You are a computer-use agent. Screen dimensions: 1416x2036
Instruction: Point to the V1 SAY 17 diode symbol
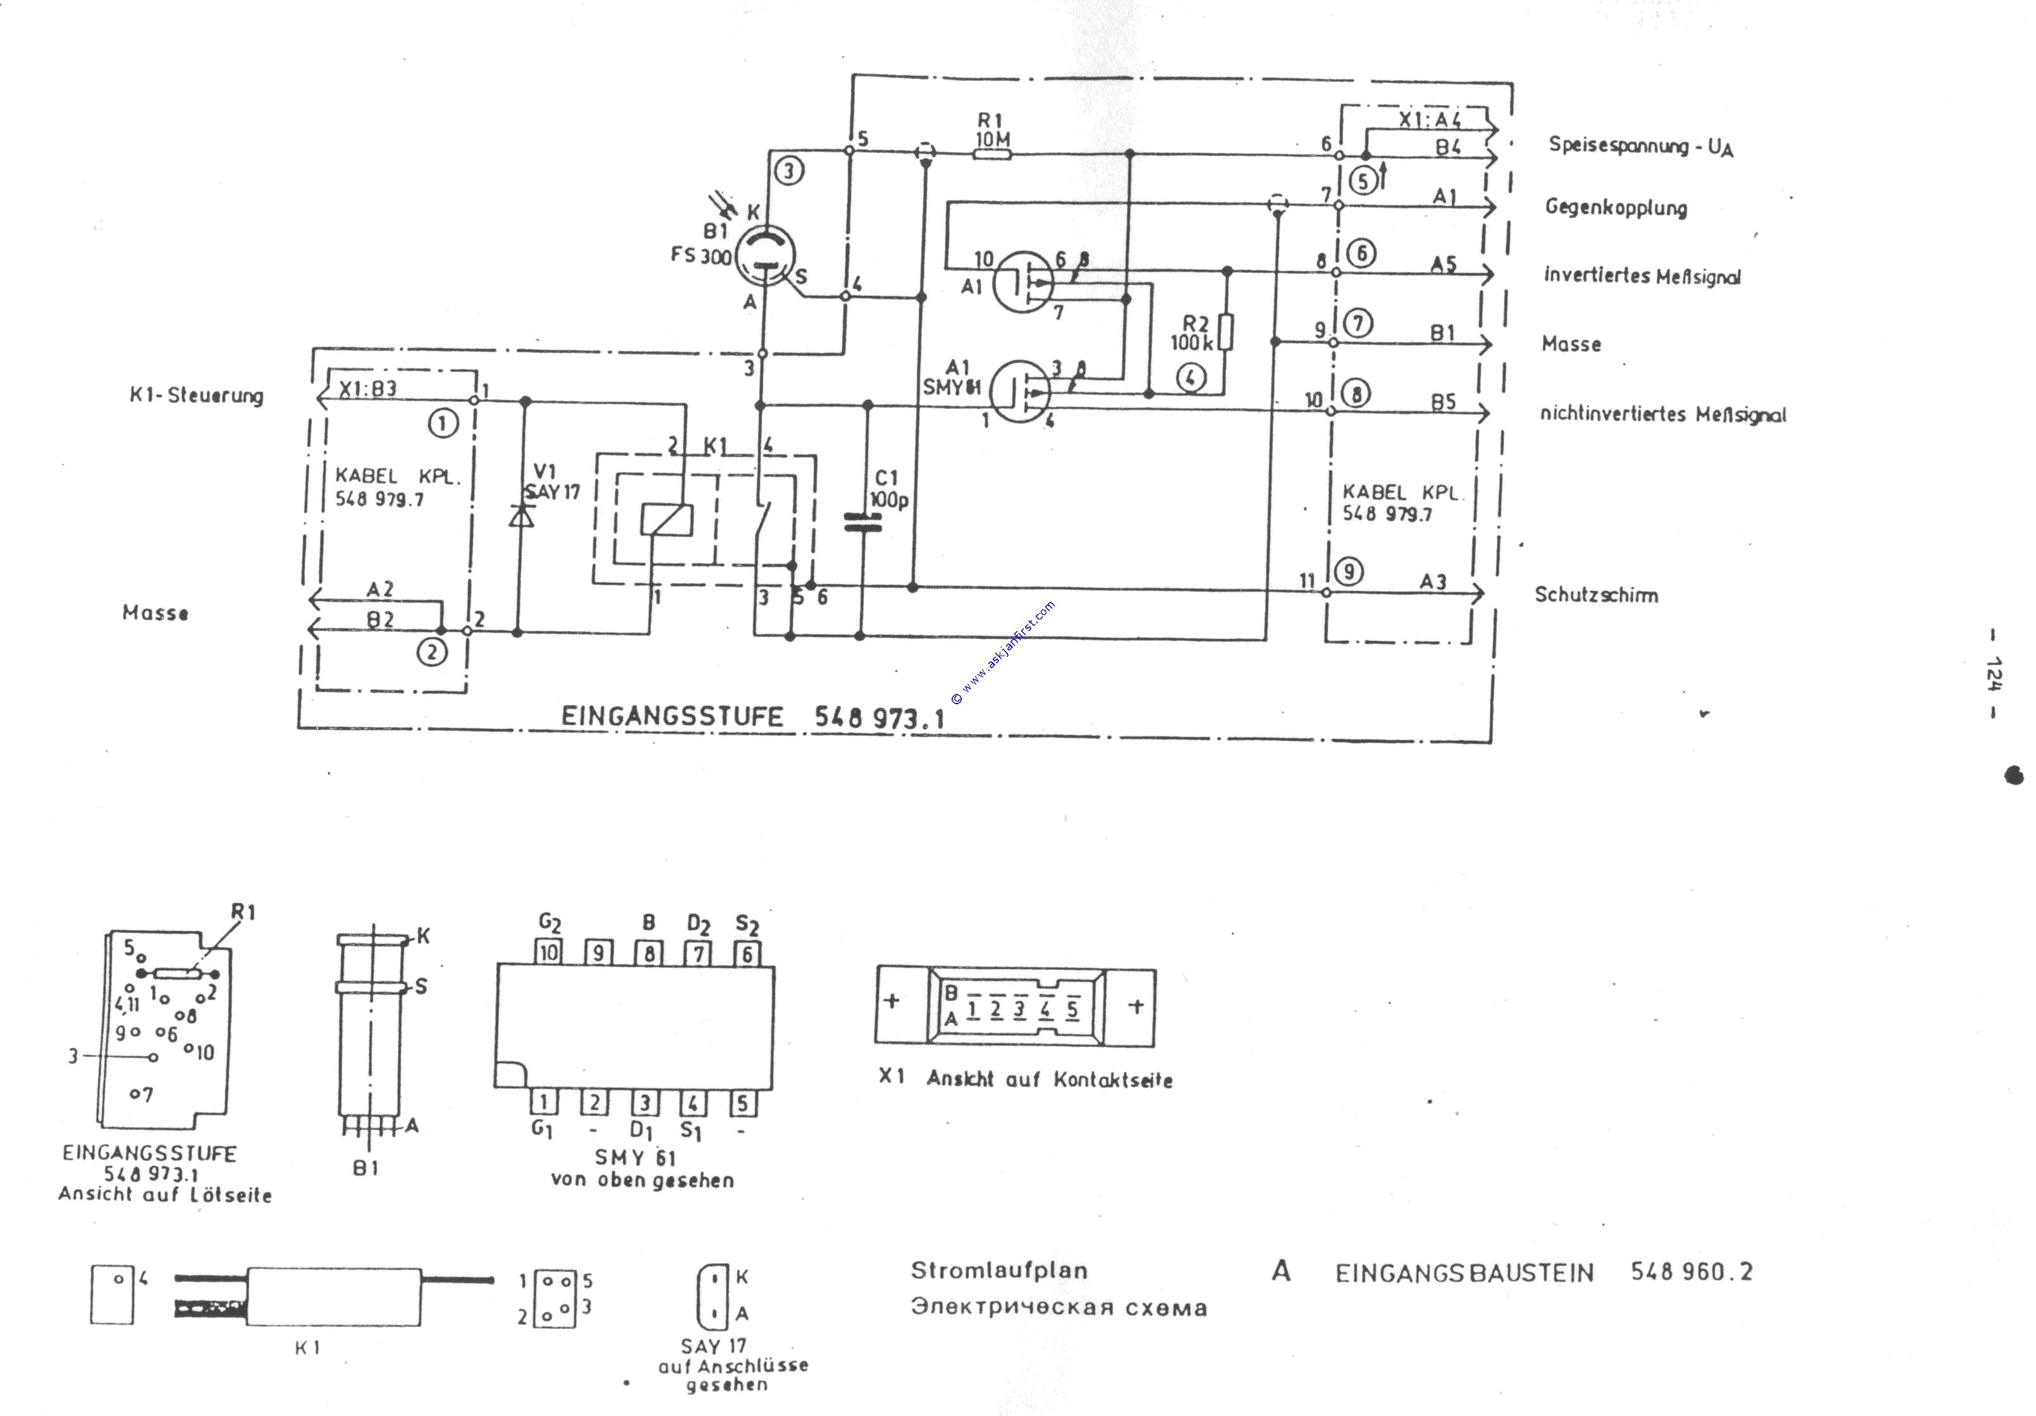coord(522,515)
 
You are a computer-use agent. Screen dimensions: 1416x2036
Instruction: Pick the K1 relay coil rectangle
coord(666,520)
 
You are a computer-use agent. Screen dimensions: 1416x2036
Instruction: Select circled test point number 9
coord(1349,571)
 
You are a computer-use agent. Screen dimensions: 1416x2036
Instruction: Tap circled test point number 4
coord(1190,378)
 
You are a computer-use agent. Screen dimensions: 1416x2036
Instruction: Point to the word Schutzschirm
coord(1596,595)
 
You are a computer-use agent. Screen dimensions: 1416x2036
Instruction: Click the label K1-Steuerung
coord(196,396)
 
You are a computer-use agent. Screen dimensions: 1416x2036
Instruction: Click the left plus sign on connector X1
coord(892,1001)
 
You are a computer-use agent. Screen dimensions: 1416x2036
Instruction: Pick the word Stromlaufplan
coord(998,1270)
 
